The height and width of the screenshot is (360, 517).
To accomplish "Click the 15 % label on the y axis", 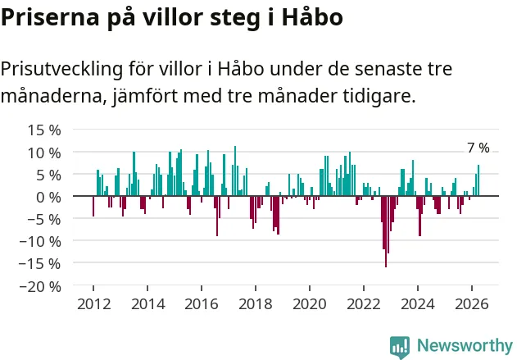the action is point(44,130).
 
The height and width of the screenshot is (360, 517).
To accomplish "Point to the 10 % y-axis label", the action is point(44,153).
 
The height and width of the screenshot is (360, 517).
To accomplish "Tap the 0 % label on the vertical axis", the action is point(48,198).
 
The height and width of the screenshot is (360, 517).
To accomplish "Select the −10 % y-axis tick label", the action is point(40,242).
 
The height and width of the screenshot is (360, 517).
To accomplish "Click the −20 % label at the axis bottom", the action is point(40,286).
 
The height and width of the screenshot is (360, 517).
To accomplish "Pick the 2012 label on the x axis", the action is point(94,304).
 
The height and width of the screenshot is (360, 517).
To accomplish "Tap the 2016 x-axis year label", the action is point(202,304).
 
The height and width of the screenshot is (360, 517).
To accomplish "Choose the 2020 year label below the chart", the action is point(310,304).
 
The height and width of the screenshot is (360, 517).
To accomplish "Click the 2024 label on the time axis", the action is point(418,304).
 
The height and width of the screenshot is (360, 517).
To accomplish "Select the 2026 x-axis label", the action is point(472,304).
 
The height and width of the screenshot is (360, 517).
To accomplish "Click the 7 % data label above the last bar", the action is point(478,148).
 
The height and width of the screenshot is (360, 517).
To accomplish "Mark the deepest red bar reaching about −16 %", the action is point(386,231).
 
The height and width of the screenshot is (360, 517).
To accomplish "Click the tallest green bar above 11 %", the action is point(235,171).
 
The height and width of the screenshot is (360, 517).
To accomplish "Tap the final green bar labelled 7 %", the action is point(478,180).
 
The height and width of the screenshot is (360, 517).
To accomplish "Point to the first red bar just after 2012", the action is point(93,206).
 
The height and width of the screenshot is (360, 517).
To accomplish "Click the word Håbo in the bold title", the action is point(312,16).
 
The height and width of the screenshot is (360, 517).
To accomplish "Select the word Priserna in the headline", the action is point(50,17).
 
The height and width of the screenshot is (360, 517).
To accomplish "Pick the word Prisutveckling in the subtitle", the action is point(61,70).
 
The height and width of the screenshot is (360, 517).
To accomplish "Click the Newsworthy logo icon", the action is point(400,347).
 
